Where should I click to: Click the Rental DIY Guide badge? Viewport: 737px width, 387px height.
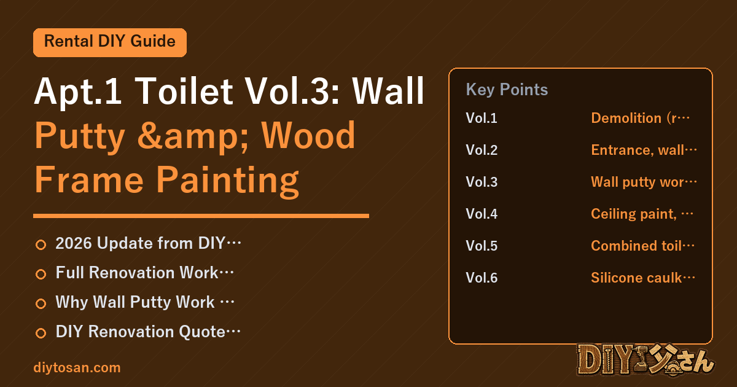[x=110, y=42]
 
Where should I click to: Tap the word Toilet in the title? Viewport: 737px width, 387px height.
[x=184, y=91]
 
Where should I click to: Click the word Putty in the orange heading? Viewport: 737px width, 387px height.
[x=80, y=136]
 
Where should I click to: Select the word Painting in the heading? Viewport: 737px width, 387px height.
[x=227, y=181]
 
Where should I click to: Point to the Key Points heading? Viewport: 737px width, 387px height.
[x=507, y=90]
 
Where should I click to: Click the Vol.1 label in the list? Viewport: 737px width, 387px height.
[x=482, y=118]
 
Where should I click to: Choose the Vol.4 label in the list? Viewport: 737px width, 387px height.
[x=482, y=214]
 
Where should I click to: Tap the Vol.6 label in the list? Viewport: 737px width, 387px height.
[x=482, y=278]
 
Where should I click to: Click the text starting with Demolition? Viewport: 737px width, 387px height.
[x=640, y=118]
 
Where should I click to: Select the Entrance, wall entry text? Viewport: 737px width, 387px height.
[x=644, y=150]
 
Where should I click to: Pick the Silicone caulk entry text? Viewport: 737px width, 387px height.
[x=643, y=278]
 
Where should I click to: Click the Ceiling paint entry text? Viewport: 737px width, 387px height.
[x=642, y=214]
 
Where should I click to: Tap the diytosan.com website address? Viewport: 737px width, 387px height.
[x=77, y=367]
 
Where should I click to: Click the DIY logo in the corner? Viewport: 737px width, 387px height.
[x=645, y=360]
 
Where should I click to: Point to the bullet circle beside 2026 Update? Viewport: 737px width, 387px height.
[x=41, y=245]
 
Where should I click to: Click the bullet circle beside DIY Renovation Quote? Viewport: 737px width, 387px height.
[x=41, y=333]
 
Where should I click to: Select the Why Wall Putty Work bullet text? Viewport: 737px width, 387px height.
[x=145, y=302]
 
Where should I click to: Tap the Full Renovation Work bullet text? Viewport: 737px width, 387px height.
[x=144, y=273]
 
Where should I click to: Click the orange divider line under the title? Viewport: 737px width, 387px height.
[x=201, y=216]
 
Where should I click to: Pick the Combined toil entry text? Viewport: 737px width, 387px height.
[x=642, y=246]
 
